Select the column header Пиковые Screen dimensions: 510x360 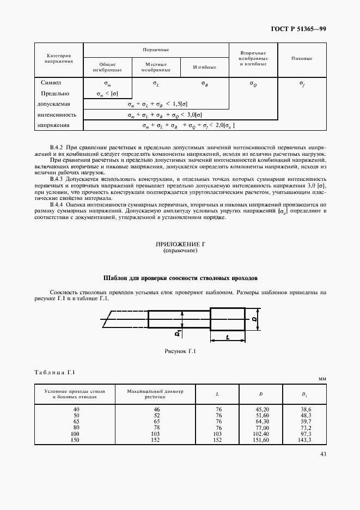[301, 58]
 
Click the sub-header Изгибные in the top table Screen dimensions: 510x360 [204, 67]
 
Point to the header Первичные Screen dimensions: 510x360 [156, 50]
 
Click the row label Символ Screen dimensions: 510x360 [51, 83]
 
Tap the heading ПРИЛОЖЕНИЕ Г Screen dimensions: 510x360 [180, 246]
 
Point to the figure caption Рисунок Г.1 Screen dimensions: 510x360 [180, 351]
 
